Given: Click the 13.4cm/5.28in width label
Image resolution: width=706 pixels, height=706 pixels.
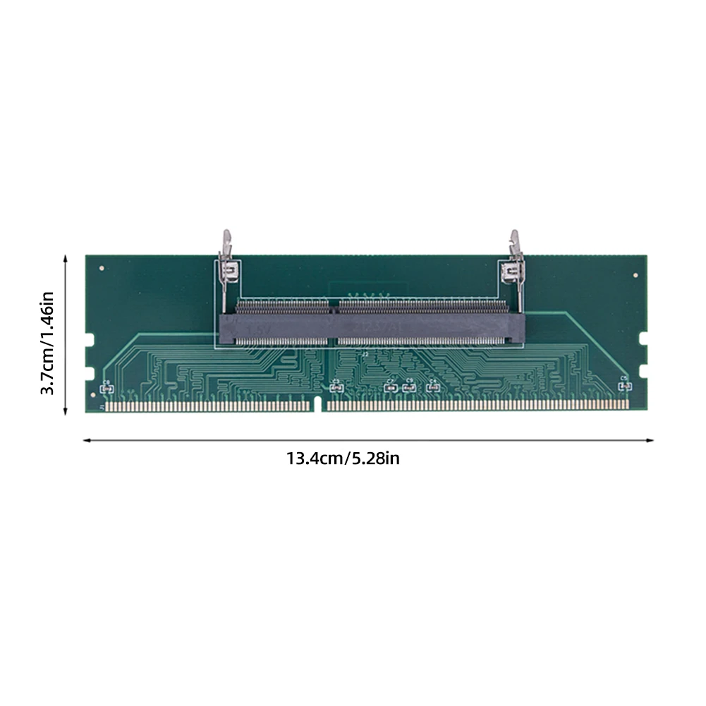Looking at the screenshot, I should coord(343,458).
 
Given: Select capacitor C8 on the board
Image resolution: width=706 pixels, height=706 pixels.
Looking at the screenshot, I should coord(106,387).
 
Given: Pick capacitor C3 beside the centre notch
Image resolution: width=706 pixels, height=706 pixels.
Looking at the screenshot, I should coord(335,387).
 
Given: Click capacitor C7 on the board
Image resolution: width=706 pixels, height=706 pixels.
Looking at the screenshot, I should coord(389,387).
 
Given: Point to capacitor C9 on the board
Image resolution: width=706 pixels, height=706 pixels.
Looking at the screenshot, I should coord(408,387).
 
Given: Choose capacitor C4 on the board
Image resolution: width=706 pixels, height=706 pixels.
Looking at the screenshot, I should coord(430,387).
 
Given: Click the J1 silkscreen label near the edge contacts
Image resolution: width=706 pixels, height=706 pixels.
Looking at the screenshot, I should coord(101,407).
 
